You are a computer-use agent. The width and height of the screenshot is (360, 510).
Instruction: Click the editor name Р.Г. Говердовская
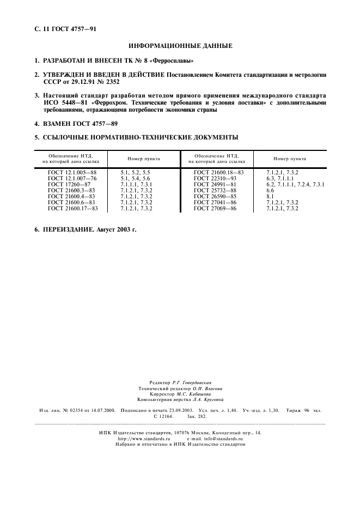click(x=192, y=382)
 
